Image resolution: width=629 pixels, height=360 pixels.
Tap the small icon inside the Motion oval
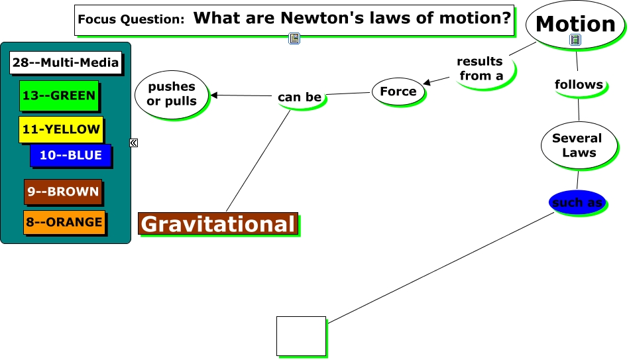click(575, 40)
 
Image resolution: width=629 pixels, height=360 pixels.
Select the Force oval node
click(398, 91)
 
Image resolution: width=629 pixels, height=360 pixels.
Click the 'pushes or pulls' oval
click(172, 94)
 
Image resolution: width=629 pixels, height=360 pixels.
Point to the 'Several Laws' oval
click(577, 145)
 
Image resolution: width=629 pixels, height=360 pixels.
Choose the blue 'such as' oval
click(577, 203)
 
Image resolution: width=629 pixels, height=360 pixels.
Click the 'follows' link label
click(579, 85)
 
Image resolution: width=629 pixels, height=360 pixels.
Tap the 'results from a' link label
click(480, 68)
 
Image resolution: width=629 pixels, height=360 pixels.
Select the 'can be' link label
click(300, 97)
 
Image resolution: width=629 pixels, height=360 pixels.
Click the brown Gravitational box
click(217, 224)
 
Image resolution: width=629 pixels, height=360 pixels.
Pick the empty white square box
click(301, 335)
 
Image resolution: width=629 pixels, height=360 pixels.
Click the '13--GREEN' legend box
click(59, 95)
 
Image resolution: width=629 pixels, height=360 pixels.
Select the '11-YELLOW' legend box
click(61, 129)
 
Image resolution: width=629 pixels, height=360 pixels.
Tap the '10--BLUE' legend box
click(70, 155)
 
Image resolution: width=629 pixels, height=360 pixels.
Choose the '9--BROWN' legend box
click(63, 192)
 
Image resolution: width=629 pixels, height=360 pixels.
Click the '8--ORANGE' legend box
click(64, 222)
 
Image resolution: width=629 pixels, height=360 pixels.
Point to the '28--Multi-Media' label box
click(66, 63)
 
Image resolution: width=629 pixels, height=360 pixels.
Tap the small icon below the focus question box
click(294, 38)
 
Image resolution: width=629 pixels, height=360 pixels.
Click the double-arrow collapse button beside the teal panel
click(134, 143)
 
